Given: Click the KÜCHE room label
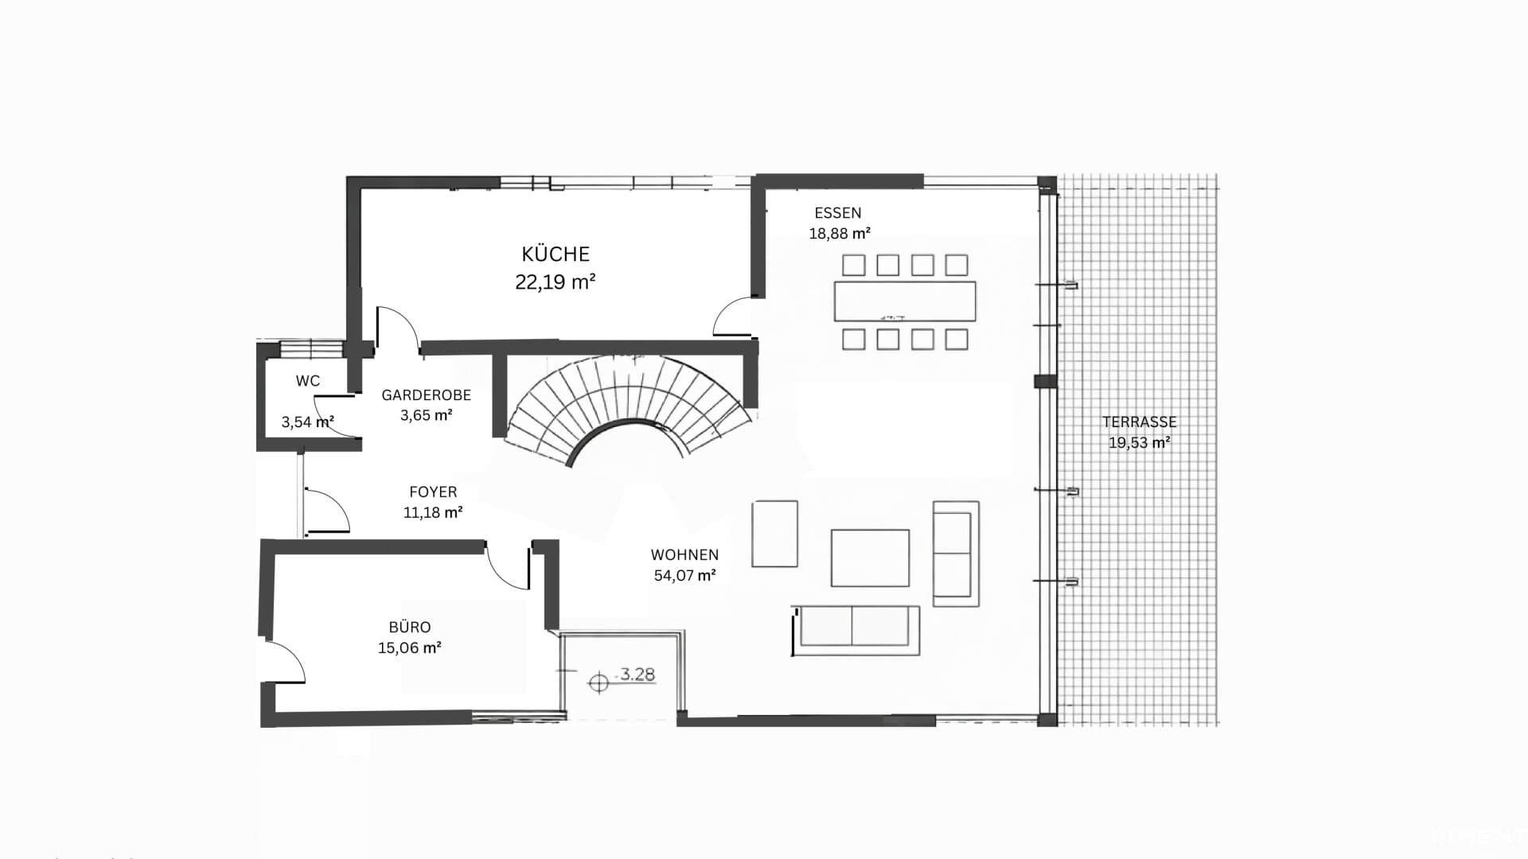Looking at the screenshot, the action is tap(555, 254).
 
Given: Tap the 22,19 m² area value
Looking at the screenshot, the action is tap(555, 282).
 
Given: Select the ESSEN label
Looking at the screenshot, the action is tap(838, 213).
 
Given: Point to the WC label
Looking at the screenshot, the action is tap(308, 381).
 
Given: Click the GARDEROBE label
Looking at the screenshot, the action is tap(427, 395).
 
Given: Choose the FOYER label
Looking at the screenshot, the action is tap(433, 492).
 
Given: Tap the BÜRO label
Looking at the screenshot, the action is tap(410, 628).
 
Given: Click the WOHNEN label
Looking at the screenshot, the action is tap(684, 555).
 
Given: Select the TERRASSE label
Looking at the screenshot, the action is tap(1140, 422).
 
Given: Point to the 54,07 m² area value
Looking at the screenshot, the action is tap(684, 575).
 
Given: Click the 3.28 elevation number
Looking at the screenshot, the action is tap(637, 674).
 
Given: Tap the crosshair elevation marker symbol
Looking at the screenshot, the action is tap(598, 682).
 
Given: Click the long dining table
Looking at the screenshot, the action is tap(905, 301).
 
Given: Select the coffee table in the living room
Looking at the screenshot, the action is tap(870, 558).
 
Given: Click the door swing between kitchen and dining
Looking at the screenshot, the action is tap(731, 317).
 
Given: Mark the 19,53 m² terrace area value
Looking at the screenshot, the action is tap(1140, 443).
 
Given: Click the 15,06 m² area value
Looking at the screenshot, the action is tap(410, 648).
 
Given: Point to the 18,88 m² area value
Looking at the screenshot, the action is tap(840, 234).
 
